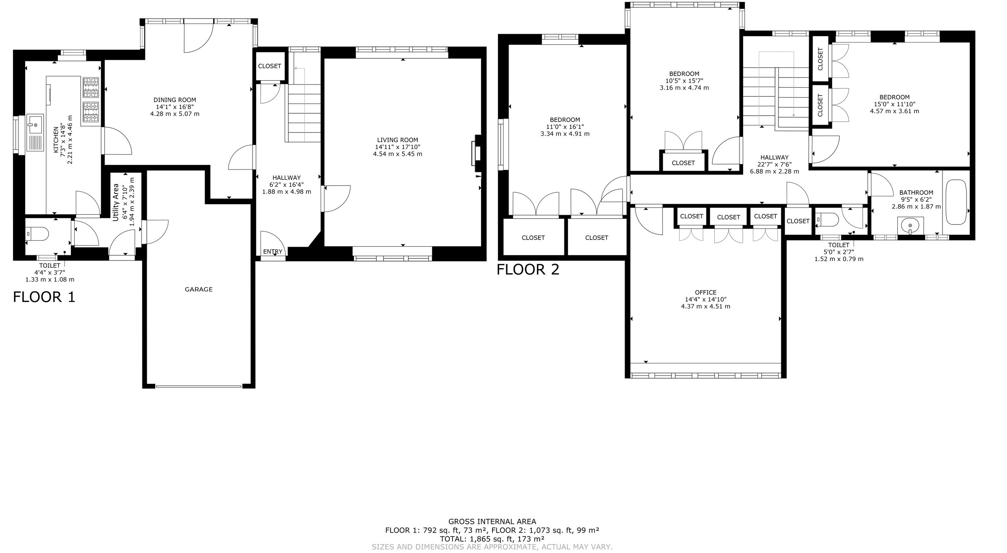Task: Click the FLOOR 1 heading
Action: coord(44,297)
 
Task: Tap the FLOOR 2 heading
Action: coord(528,269)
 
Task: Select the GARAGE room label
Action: coord(199,289)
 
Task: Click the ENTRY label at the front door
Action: coord(273,252)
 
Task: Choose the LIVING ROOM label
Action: coord(398,140)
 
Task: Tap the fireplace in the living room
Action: coord(476,154)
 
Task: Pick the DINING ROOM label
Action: coord(175,100)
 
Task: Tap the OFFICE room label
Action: coord(706,293)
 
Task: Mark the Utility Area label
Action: coord(116,202)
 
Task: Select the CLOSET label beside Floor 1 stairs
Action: coord(269,66)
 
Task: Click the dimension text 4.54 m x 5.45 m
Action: coord(398,154)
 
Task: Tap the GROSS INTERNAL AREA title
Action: coord(492,522)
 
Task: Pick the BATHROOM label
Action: coord(916,193)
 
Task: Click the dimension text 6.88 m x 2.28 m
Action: coord(775,171)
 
